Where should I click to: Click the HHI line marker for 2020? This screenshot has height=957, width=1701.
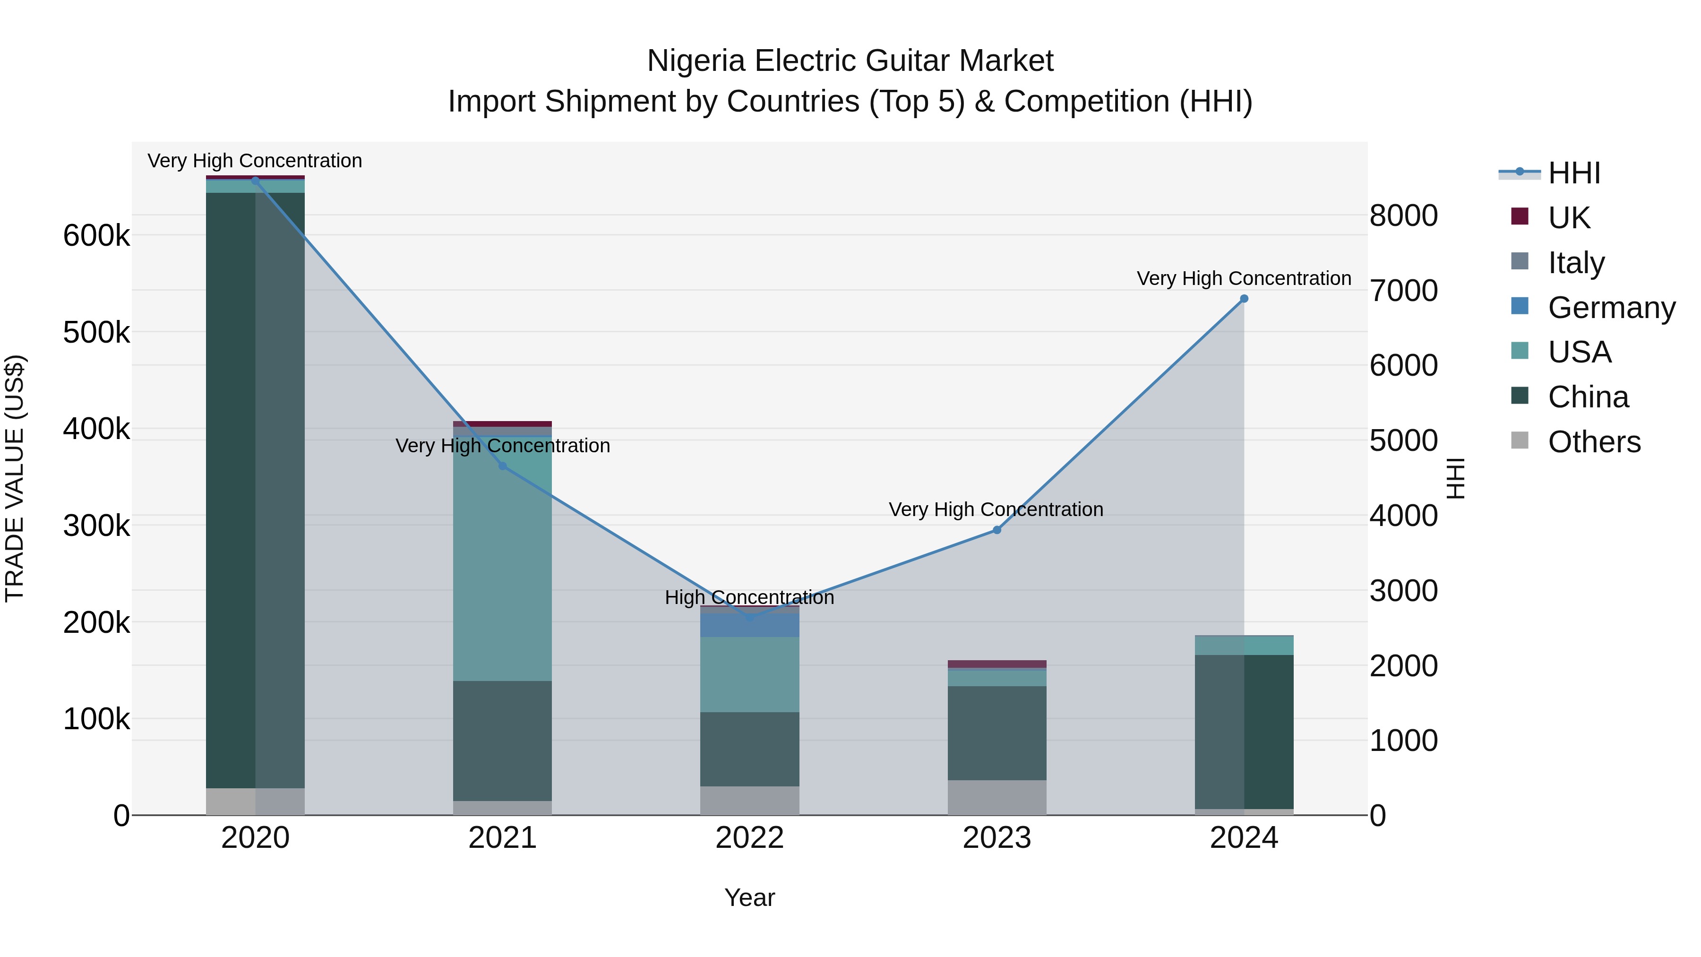pos(256,181)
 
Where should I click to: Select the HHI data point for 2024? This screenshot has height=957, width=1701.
pos(1244,299)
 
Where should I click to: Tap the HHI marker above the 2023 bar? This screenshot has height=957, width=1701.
pos(997,530)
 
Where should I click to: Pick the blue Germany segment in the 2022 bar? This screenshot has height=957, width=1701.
pos(749,625)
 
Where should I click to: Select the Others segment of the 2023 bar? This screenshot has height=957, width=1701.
pos(997,797)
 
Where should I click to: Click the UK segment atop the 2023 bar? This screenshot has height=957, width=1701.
pos(997,664)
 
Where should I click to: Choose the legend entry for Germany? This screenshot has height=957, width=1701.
pos(1611,308)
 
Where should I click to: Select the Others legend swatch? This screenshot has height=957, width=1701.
pos(1520,440)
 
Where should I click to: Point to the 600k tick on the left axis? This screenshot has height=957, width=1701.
pos(96,236)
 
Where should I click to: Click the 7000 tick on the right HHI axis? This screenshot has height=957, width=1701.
pos(1404,291)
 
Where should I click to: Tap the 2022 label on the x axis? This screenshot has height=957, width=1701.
pos(749,838)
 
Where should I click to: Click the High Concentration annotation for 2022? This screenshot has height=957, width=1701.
pos(749,597)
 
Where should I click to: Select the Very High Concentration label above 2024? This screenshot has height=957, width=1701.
pos(1244,278)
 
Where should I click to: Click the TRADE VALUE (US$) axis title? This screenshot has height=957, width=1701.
pos(15,478)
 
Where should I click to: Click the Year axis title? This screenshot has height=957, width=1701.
pos(749,897)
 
